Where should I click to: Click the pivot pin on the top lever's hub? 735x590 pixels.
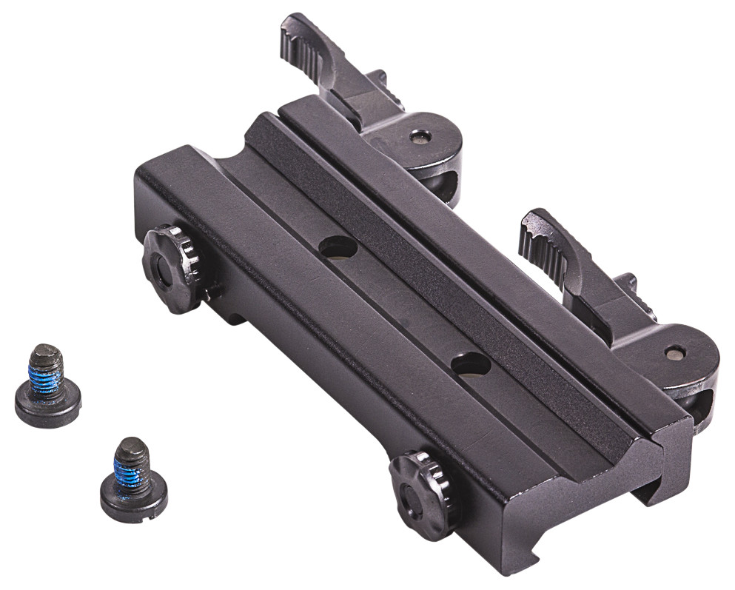420,136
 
